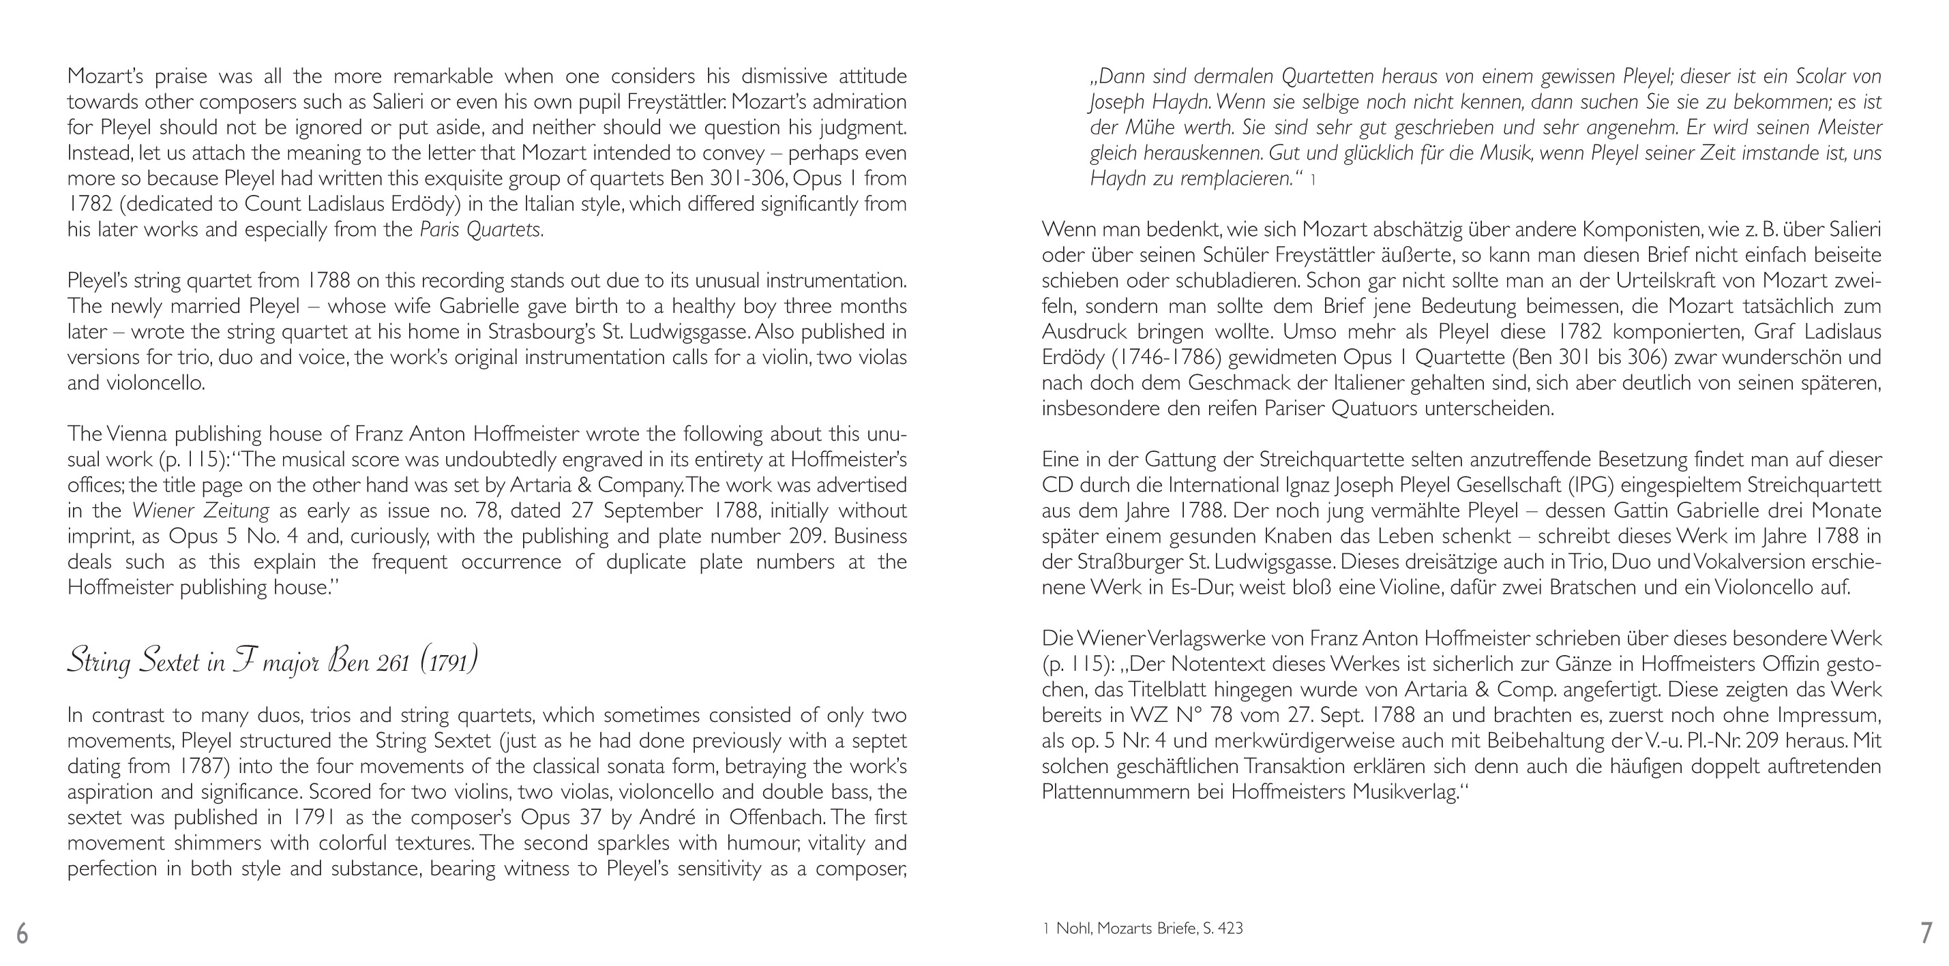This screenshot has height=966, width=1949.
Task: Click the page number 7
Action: point(1926,933)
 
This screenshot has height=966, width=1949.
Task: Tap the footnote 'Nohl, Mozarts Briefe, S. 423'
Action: point(1148,929)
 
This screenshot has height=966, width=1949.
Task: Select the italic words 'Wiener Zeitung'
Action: point(200,511)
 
